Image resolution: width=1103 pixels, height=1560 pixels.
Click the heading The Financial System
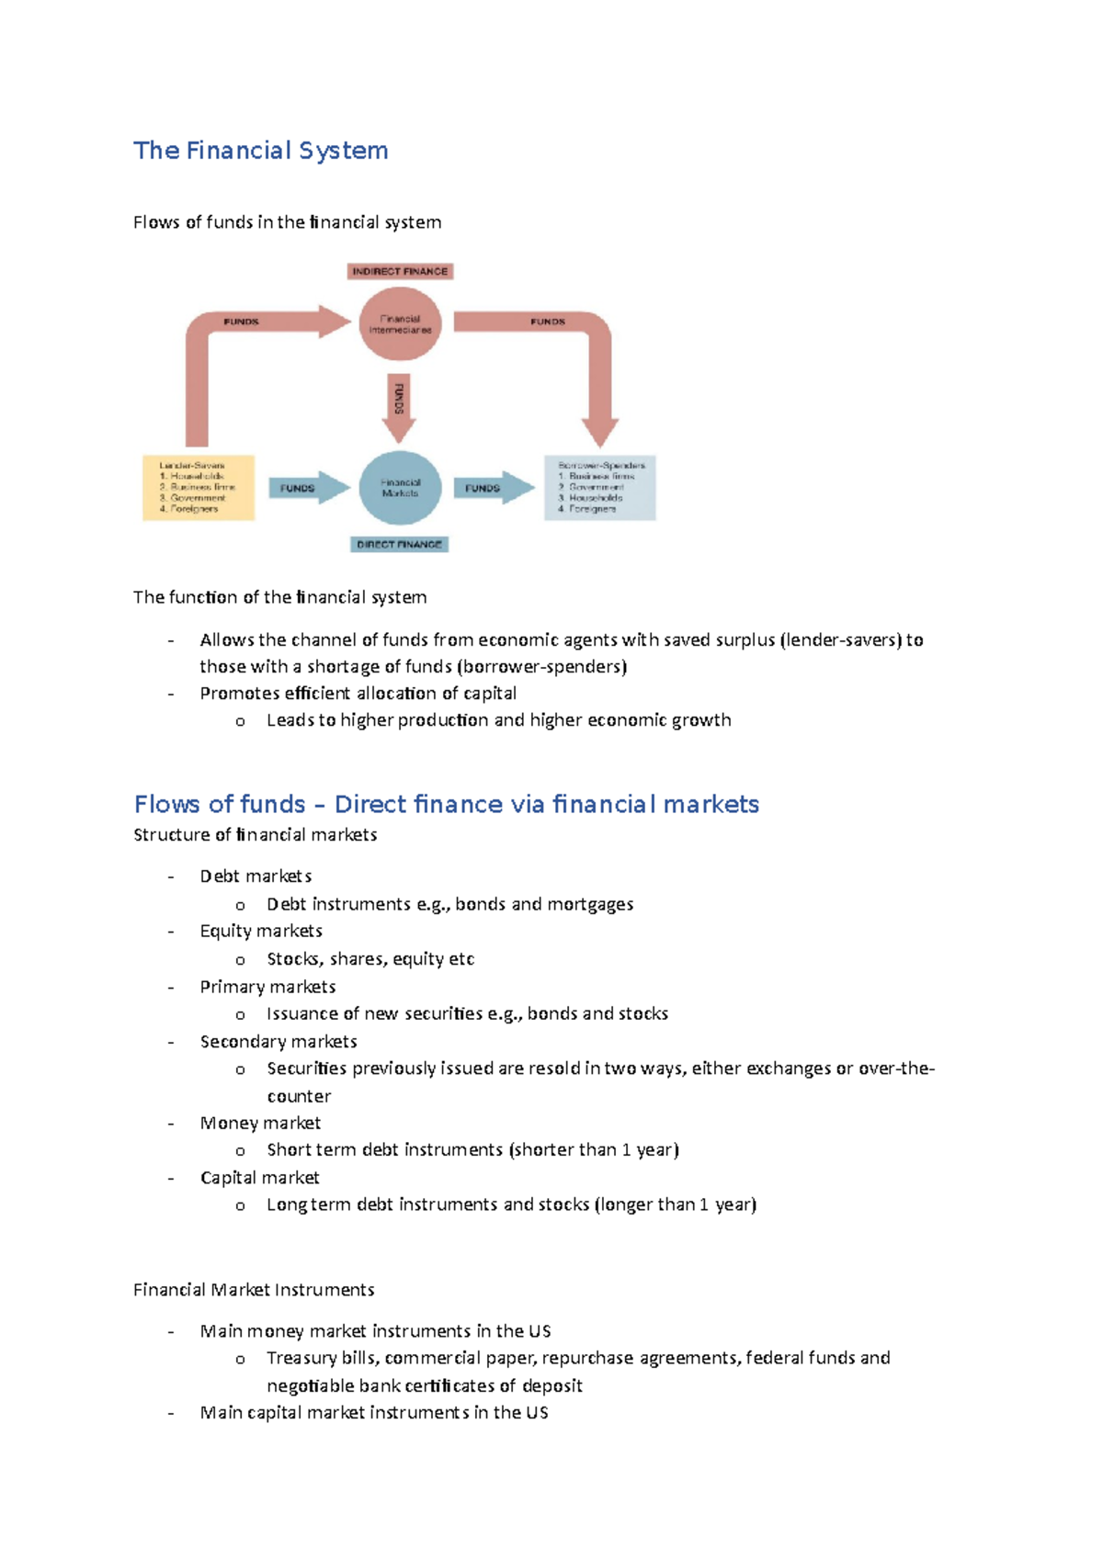pyautogui.click(x=260, y=151)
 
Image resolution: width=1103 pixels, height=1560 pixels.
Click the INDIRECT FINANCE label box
pyautogui.click(x=400, y=271)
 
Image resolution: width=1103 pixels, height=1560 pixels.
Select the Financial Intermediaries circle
pyautogui.click(x=400, y=324)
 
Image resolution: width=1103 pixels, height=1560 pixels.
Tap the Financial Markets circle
pyautogui.click(x=400, y=488)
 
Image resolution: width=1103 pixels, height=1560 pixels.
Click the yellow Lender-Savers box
pyautogui.click(x=198, y=488)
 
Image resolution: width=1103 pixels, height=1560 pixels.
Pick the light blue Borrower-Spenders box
pyautogui.click(x=599, y=488)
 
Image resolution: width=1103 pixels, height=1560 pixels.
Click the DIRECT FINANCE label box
pyautogui.click(x=400, y=544)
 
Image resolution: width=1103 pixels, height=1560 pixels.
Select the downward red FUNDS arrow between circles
pyautogui.click(x=399, y=405)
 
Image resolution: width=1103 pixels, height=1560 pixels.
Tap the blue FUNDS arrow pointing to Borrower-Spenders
pyautogui.click(x=492, y=488)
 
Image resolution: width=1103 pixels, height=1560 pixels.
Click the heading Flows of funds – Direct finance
pyautogui.click(x=446, y=804)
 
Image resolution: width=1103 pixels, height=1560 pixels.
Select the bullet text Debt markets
pyautogui.click(x=256, y=876)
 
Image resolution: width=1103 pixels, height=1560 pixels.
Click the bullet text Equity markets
pyautogui.click(x=261, y=931)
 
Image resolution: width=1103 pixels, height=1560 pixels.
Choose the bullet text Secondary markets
pyautogui.click(x=279, y=1041)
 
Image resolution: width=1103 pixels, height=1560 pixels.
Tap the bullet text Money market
pyautogui.click(x=260, y=1123)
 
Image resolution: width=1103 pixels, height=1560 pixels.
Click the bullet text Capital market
pyautogui.click(x=259, y=1178)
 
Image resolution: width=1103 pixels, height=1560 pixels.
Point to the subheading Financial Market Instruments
pyautogui.click(x=254, y=1290)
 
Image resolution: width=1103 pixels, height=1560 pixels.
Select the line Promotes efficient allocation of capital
pyautogui.click(x=358, y=693)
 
